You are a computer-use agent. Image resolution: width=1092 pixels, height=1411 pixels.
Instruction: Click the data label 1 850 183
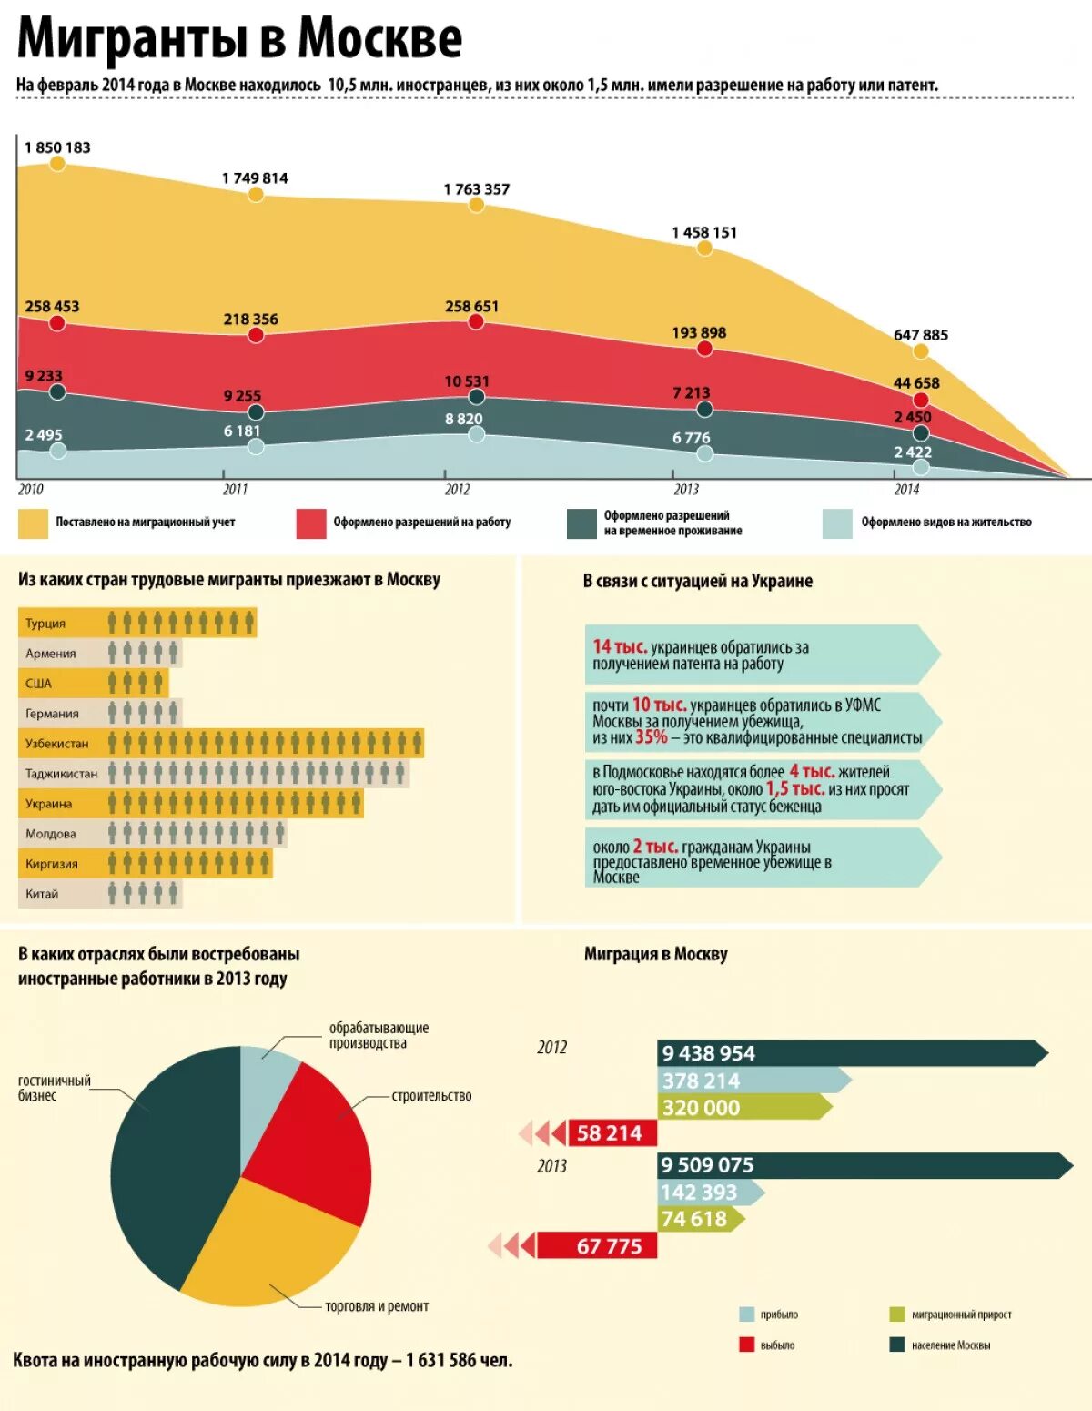click(x=57, y=147)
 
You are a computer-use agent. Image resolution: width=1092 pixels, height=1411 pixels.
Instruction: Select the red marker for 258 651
click(x=476, y=321)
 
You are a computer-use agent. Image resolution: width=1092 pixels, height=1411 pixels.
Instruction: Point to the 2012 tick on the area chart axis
click(x=457, y=489)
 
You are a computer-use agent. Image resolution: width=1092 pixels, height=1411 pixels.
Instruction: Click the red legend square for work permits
click(x=311, y=523)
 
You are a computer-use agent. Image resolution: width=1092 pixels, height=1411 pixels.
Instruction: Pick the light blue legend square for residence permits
click(x=837, y=523)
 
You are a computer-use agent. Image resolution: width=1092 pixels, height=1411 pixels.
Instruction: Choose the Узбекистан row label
click(x=57, y=744)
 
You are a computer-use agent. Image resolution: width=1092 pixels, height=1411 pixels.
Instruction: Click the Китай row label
click(x=42, y=894)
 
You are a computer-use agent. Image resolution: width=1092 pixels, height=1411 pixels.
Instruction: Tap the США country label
click(x=38, y=684)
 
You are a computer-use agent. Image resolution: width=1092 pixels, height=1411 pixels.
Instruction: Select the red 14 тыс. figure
click(x=620, y=647)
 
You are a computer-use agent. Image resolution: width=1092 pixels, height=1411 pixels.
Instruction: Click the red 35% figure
click(x=651, y=737)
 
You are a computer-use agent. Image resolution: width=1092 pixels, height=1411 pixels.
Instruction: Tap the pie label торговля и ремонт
click(x=377, y=1306)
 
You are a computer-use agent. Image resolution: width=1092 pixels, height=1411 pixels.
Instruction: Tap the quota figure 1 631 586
click(x=441, y=1360)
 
